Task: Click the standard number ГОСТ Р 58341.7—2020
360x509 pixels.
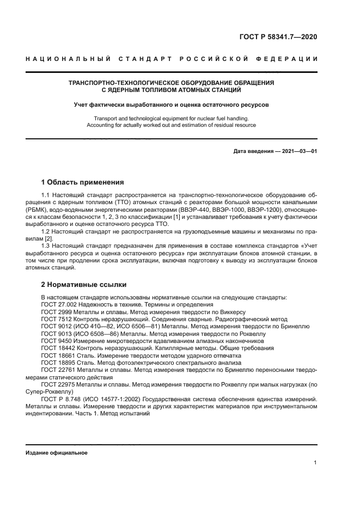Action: click(277, 38)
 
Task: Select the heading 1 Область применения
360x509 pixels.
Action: click(83, 182)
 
